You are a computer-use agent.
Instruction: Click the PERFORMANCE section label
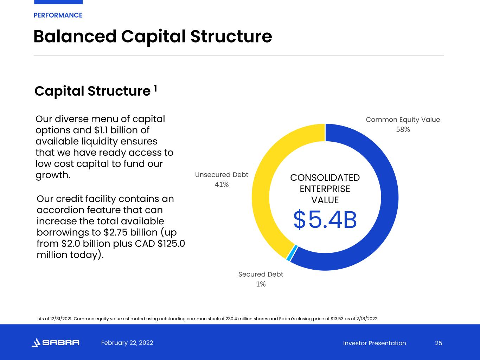pos(58,15)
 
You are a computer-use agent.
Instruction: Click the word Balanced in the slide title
pos(75,37)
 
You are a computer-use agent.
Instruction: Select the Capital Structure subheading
pos(92,91)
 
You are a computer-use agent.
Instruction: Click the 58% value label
pos(403,130)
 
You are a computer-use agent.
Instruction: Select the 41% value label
pos(222,185)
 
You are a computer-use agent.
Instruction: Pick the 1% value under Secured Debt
pos(261,284)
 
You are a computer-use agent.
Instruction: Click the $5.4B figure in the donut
pos(325,220)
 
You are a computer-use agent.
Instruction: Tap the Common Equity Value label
pos(403,120)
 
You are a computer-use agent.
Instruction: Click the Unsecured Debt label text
pos(222,175)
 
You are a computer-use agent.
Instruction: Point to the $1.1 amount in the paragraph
pos(101,130)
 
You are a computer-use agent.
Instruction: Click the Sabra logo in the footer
pos(56,342)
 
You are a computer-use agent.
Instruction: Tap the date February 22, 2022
pos(127,343)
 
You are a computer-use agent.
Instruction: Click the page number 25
pos(439,343)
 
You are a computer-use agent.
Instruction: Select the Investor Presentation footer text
pos(375,343)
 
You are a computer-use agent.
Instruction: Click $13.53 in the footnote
pos(337,319)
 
